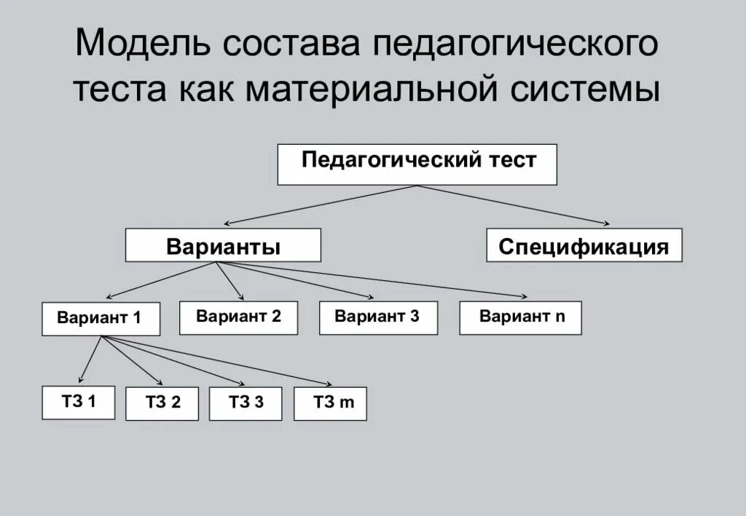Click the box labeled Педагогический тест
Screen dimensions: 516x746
coord(417,164)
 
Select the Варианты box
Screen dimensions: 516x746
coord(223,245)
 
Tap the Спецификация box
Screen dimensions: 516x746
coord(584,245)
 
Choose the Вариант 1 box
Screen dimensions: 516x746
coord(101,319)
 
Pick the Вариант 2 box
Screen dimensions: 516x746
coord(238,317)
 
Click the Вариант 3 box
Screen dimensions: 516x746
coord(378,317)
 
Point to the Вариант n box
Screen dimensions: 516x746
coord(520,317)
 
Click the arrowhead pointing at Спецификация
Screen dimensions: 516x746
coord(605,223)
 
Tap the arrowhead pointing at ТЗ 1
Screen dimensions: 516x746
coord(82,379)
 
